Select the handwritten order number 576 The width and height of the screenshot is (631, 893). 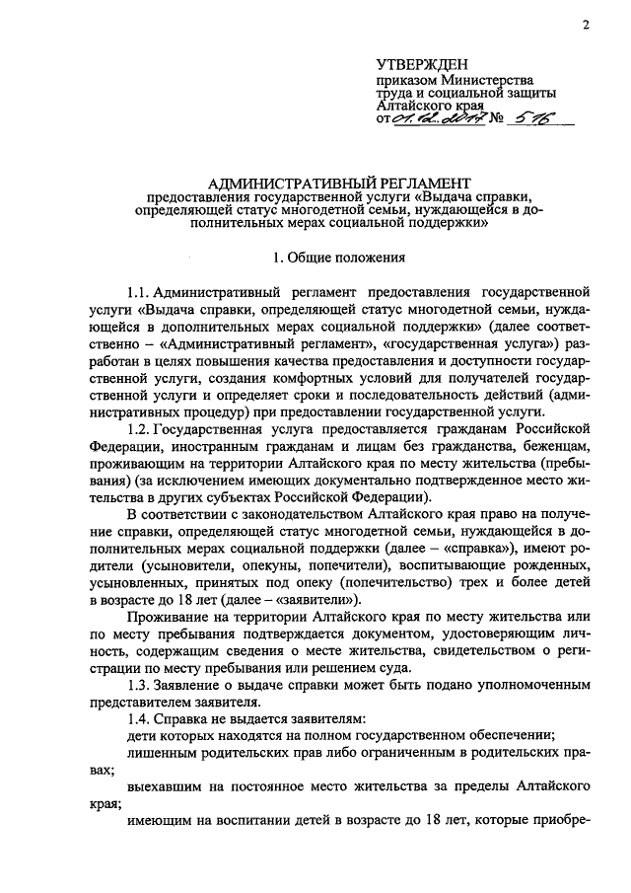[529, 118]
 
